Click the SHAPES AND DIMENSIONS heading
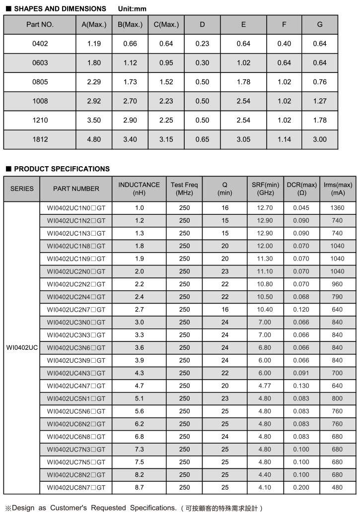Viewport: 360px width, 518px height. point(60,8)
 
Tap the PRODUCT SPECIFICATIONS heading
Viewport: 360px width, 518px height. point(62,169)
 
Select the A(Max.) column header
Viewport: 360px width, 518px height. point(94,25)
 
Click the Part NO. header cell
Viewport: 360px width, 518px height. point(40,25)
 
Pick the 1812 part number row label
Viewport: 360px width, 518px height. point(40,139)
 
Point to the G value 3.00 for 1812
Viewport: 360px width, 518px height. point(320,139)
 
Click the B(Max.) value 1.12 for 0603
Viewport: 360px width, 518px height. point(130,63)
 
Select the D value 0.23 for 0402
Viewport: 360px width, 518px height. point(202,44)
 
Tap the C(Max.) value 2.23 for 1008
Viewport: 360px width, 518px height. point(166,101)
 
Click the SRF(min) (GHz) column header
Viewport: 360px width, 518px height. point(266,189)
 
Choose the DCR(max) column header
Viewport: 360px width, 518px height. point(301,189)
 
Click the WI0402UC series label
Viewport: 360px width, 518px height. point(22,348)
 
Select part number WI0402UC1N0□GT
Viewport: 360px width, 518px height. point(76,208)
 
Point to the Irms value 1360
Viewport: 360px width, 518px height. point(337,208)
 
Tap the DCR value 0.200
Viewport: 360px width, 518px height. point(301,487)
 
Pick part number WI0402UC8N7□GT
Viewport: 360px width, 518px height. point(76,487)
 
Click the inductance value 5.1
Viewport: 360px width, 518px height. point(139,398)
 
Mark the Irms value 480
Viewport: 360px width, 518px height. point(337,487)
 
